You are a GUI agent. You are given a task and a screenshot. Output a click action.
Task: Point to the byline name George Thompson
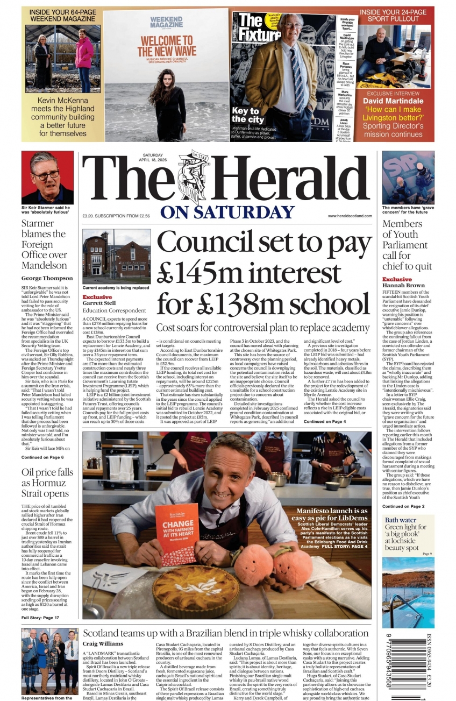point(47,278)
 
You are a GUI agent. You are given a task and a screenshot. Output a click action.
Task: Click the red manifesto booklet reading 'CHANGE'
point(177,535)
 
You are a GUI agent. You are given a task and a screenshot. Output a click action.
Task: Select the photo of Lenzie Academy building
point(116,256)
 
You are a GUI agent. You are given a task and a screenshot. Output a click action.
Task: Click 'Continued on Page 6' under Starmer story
point(42,457)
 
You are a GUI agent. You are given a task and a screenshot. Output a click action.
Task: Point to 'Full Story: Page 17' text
point(40,618)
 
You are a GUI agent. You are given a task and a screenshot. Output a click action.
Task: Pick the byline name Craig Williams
point(103,644)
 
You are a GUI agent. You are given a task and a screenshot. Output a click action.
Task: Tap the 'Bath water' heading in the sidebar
point(401,520)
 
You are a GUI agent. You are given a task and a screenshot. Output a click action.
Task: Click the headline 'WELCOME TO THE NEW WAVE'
point(167,46)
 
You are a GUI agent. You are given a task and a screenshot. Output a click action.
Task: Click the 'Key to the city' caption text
point(248,115)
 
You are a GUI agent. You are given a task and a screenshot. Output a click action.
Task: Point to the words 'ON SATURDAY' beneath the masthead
point(227,212)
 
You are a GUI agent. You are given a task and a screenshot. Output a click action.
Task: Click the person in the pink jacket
point(84,56)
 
